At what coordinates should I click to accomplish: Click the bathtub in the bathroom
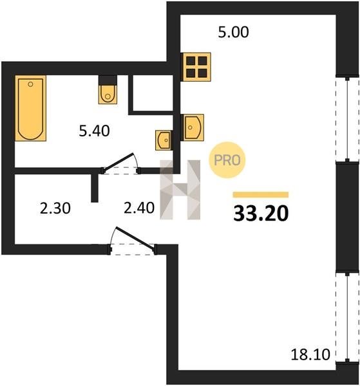[30, 108]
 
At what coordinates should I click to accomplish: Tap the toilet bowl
[108, 95]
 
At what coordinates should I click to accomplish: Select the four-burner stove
[196, 67]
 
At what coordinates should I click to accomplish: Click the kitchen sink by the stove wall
[193, 127]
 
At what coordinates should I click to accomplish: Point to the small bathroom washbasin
[164, 140]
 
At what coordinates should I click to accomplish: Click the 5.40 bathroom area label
[95, 131]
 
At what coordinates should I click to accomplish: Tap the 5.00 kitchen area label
[233, 32]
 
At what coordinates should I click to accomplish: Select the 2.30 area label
[55, 208]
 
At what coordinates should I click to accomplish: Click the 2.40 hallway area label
[139, 208]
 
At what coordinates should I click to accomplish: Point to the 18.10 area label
[310, 354]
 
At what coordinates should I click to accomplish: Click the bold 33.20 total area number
[261, 213]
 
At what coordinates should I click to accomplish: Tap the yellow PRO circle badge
[227, 160]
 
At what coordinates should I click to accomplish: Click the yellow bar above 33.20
[261, 194]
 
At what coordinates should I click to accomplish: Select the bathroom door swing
[120, 163]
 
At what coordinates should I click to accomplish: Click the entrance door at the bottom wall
[133, 241]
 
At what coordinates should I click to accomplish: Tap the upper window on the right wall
[347, 119]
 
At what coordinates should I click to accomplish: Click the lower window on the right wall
[347, 317]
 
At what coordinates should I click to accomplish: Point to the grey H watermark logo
[180, 190]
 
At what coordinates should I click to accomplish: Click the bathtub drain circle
[30, 84]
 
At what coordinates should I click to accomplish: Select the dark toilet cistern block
[108, 80]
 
